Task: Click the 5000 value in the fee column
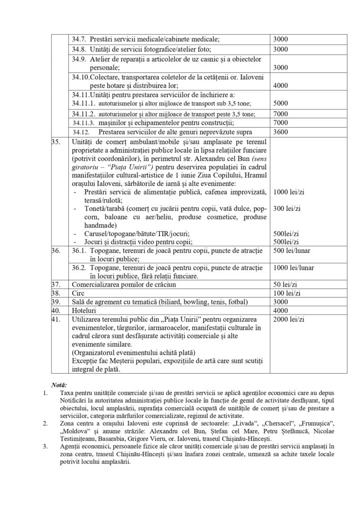tap(281, 103)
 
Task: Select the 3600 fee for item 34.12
tap(281, 132)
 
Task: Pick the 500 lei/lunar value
tap(291, 250)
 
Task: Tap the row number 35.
tap(56, 140)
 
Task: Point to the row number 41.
tap(56, 319)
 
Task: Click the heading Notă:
tap(60, 385)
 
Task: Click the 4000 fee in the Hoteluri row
tap(281, 310)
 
